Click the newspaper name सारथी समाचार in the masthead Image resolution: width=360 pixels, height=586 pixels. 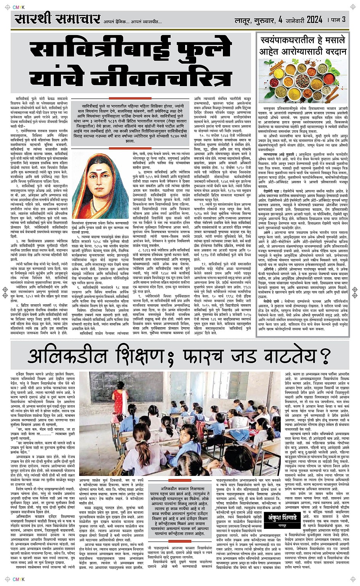(x=57, y=19)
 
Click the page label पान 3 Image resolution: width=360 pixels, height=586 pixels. (x=337, y=20)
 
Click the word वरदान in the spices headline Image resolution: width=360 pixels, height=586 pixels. (x=331, y=51)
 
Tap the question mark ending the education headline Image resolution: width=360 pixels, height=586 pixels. (x=325, y=357)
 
